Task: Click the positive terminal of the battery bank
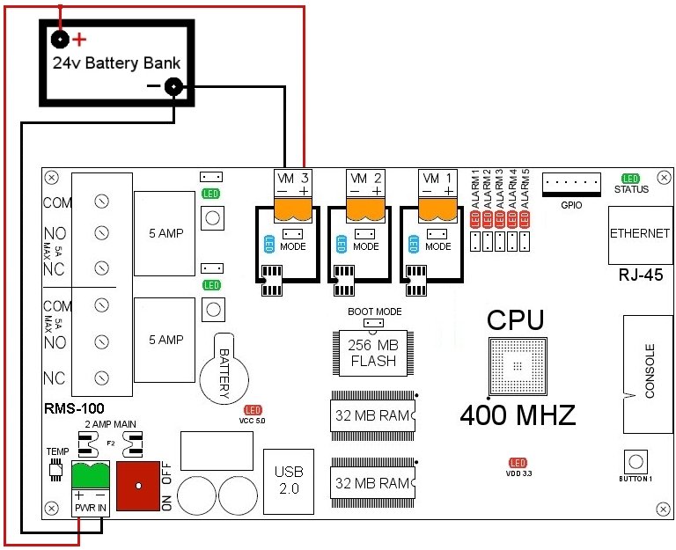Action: (x=60, y=40)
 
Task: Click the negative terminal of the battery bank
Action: (x=174, y=86)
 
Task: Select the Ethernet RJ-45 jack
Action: (x=638, y=235)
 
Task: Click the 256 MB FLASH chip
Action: (x=373, y=354)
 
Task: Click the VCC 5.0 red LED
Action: (x=253, y=411)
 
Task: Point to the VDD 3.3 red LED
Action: (x=518, y=463)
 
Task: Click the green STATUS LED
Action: (x=631, y=179)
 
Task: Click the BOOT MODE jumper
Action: (x=374, y=324)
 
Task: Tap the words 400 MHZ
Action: (x=518, y=413)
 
